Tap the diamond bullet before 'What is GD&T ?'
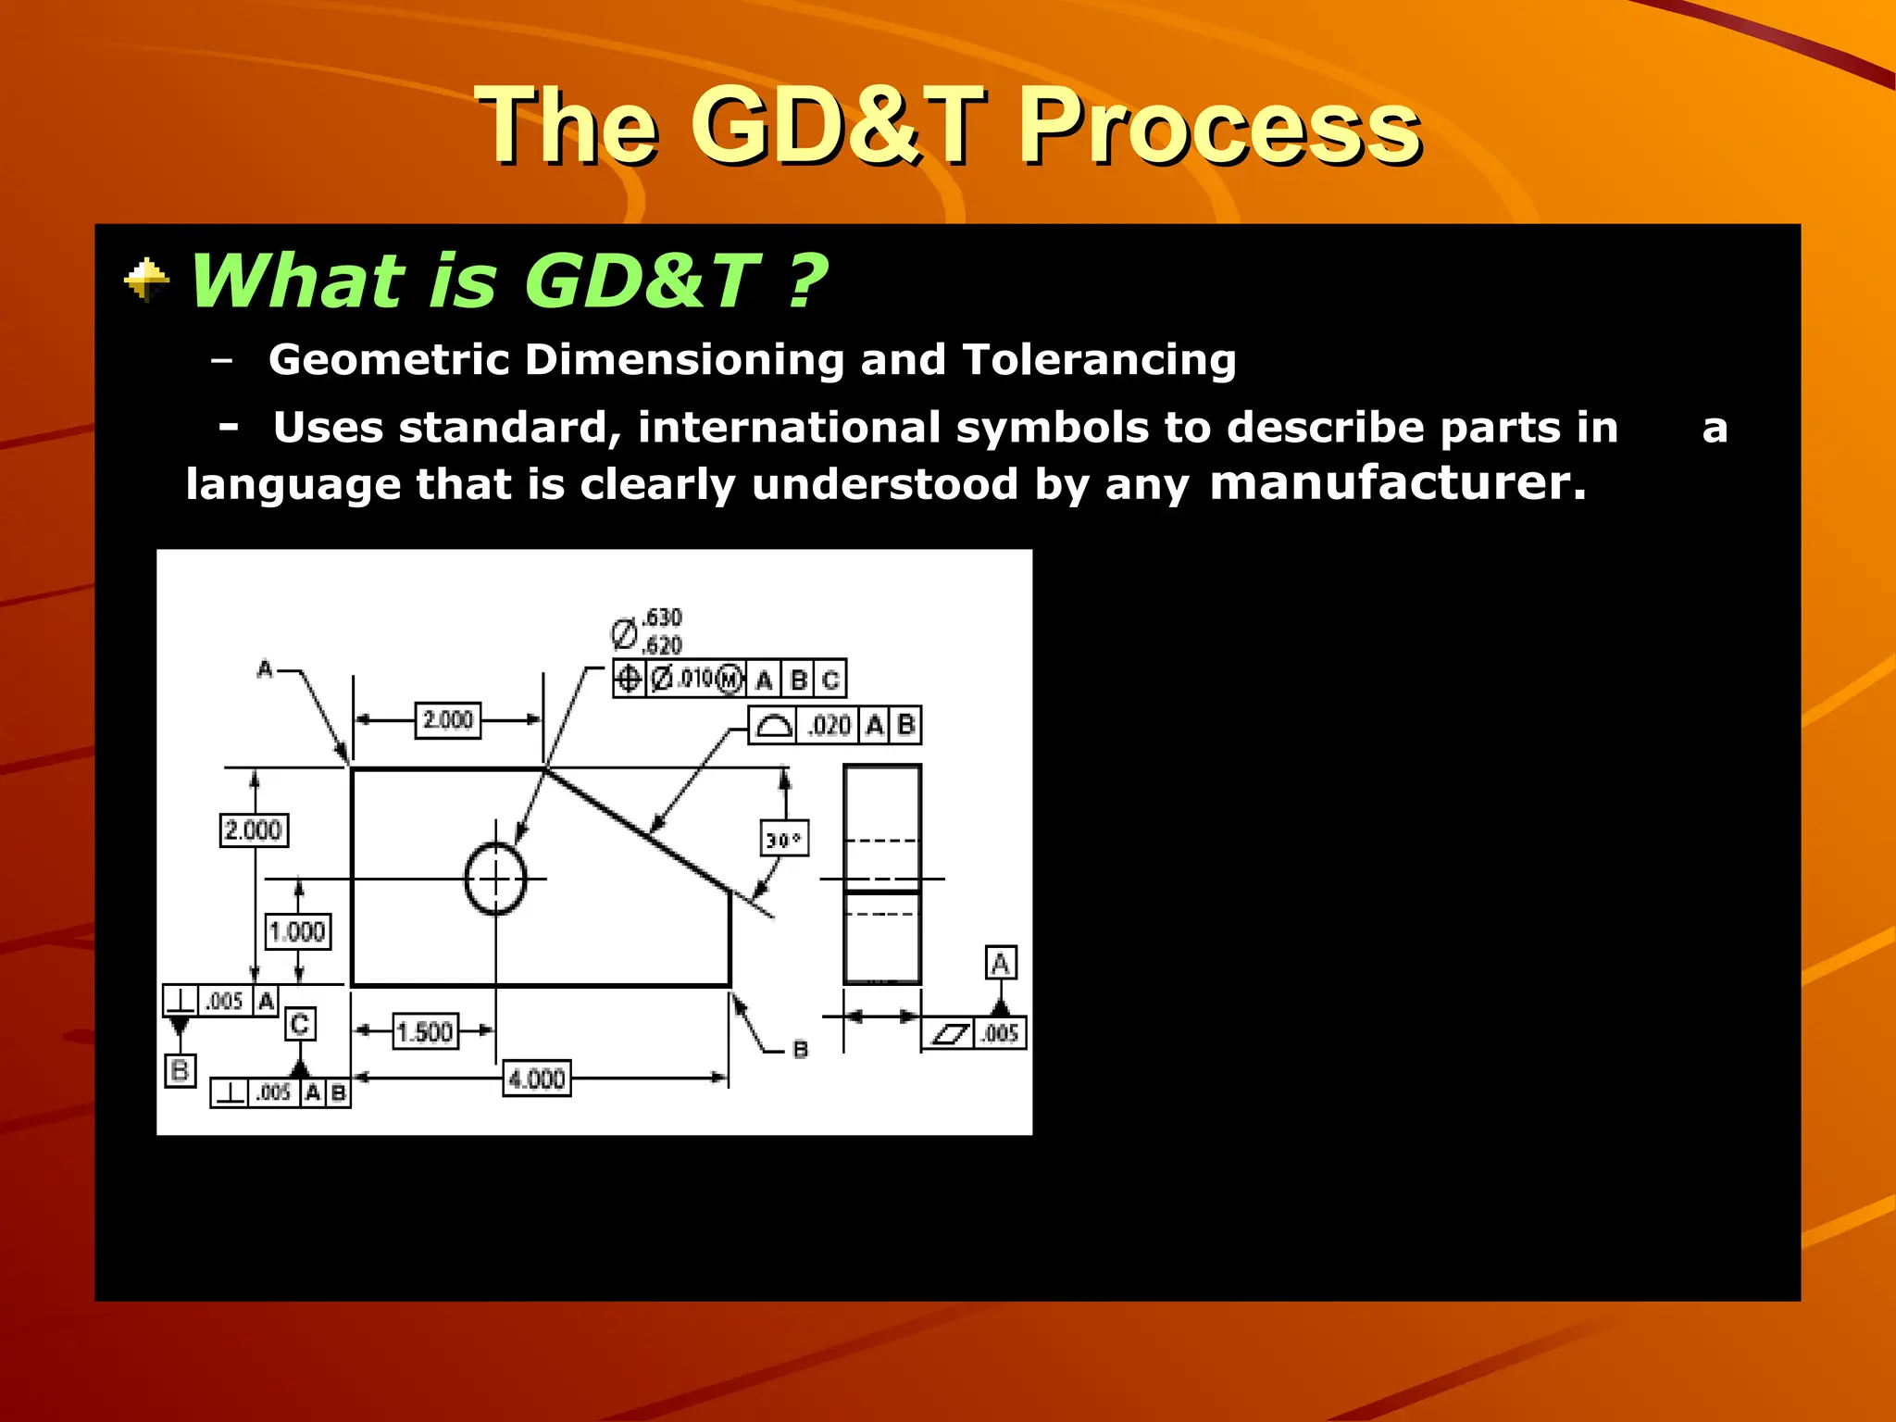(x=146, y=281)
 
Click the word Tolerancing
(x=1099, y=359)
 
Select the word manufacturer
(x=1397, y=483)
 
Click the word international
(x=789, y=428)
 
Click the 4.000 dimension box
(x=537, y=1079)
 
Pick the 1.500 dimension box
(x=425, y=1031)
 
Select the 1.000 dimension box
(x=297, y=930)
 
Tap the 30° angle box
(x=783, y=839)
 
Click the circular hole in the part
(x=495, y=879)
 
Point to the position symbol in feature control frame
(x=629, y=679)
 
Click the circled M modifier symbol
(x=730, y=679)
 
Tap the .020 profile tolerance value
(x=828, y=725)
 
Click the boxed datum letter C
(x=300, y=1024)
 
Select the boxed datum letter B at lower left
(x=180, y=1071)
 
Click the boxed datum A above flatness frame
(x=1000, y=963)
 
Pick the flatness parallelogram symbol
(x=949, y=1033)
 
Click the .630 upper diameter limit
(x=662, y=617)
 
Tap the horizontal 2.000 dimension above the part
(x=447, y=719)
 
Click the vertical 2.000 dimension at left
(x=253, y=829)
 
